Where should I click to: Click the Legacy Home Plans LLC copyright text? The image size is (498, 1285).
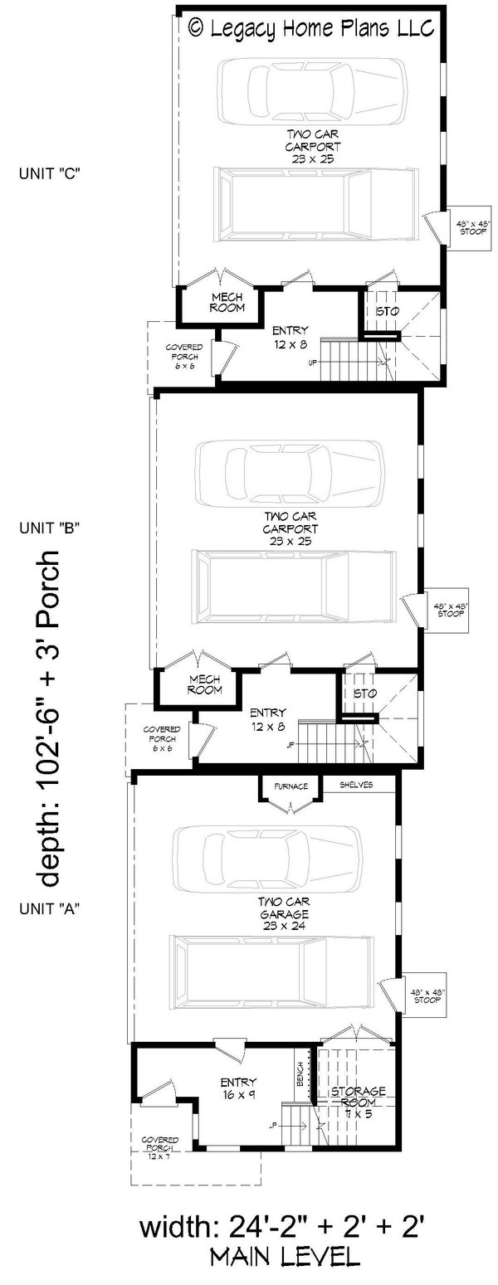pyautogui.click(x=311, y=29)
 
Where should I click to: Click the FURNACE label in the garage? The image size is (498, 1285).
pyautogui.click(x=288, y=786)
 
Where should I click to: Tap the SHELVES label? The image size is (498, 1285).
pyautogui.click(x=355, y=785)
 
